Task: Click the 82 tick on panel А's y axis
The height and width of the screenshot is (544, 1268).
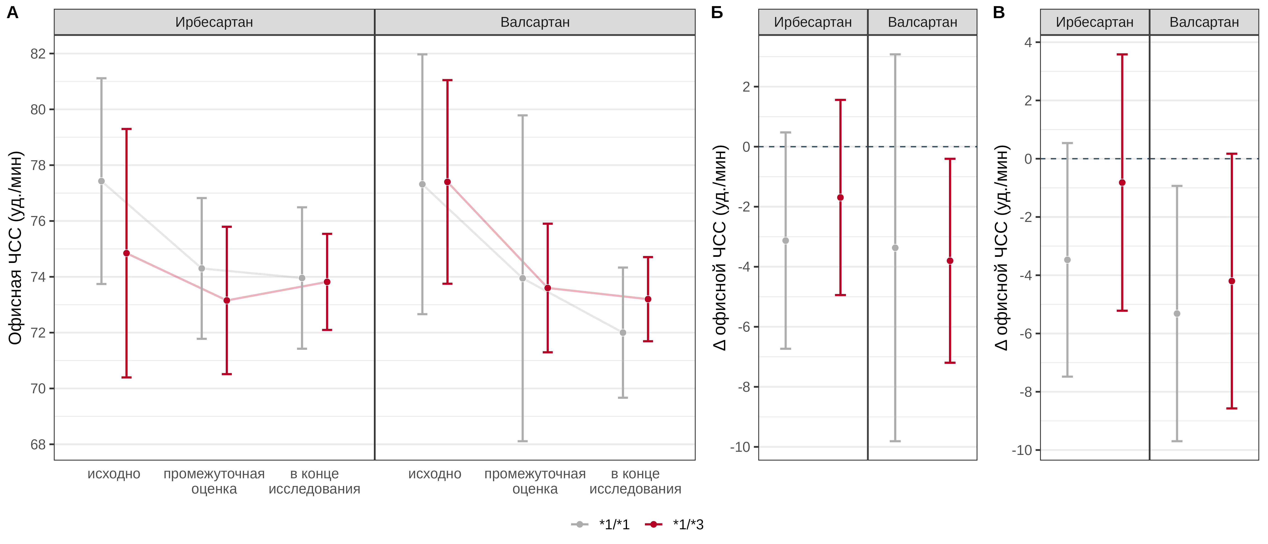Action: [x=38, y=54]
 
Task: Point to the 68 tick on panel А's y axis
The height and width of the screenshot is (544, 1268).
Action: [x=38, y=444]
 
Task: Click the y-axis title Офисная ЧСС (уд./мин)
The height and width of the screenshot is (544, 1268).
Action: [x=16, y=248]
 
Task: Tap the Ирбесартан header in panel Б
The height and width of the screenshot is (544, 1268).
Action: [x=813, y=22]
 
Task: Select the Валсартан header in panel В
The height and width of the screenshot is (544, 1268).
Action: [x=1204, y=22]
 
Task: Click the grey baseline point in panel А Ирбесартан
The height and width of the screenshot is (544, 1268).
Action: [x=101, y=181]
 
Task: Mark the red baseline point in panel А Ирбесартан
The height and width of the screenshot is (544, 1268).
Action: [x=127, y=253]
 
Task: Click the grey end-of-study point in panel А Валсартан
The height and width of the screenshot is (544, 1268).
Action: [x=623, y=333]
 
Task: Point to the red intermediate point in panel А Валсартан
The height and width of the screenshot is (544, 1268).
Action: [x=548, y=288]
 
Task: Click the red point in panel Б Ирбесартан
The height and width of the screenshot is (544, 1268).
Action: [x=840, y=198]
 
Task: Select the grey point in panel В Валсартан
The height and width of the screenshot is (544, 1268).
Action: [x=1177, y=313]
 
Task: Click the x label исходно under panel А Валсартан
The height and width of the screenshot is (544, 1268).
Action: [x=435, y=474]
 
